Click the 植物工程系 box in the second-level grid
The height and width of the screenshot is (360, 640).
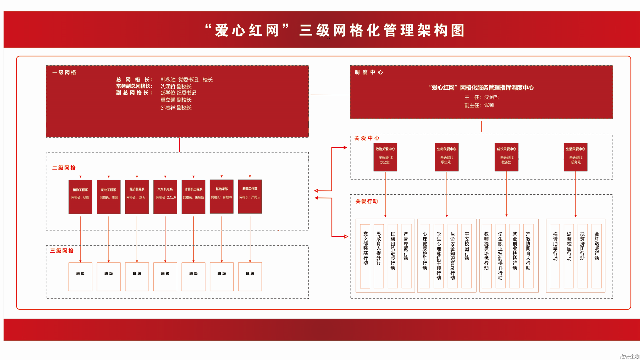pos(80,196)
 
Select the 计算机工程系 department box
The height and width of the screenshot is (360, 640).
pos(193,196)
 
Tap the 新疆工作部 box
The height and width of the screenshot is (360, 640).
pos(250,196)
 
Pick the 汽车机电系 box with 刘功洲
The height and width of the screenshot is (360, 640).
pos(165,196)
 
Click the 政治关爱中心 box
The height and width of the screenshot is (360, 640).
pos(385,157)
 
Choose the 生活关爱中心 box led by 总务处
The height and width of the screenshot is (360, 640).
pos(575,157)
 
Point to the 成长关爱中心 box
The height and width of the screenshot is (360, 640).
pos(506,157)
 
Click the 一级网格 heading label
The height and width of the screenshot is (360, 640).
pos(64,72)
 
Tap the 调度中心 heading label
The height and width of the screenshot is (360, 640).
pos(369,72)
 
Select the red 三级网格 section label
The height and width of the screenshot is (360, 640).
pos(62,251)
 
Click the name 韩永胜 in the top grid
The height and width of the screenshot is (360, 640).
pos(168,80)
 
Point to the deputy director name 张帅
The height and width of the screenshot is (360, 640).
pos(489,105)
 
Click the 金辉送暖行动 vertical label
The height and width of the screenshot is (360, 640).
pos(596,246)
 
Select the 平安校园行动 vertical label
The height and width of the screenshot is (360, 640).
pos(467,246)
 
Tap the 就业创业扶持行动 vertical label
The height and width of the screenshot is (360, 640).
pos(514,251)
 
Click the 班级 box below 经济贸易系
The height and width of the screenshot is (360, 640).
pos(137,276)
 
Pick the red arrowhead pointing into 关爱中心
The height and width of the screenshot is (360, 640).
pos(345,147)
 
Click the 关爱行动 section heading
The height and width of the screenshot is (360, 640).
pos(366,201)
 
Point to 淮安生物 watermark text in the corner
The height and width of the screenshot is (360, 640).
pos(630,356)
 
